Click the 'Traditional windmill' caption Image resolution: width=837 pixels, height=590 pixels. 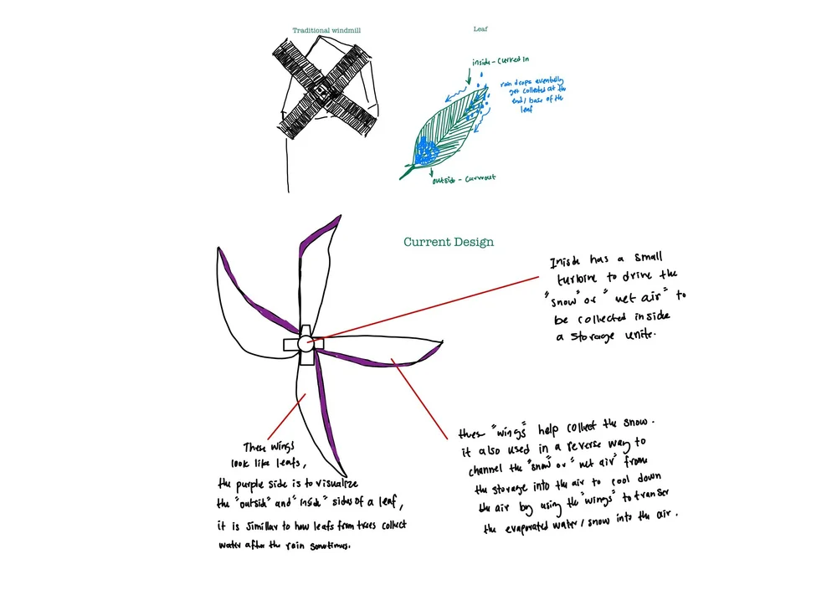pyautogui.click(x=326, y=30)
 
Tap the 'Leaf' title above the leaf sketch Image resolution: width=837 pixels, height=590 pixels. pyautogui.click(x=480, y=28)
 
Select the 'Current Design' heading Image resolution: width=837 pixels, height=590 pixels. pyautogui.click(x=449, y=242)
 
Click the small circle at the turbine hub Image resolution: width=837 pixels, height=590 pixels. pyautogui.click(x=305, y=342)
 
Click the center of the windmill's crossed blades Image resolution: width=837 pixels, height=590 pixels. pyautogui.click(x=321, y=87)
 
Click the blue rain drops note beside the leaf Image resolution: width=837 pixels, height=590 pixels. pyautogui.click(x=531, y=97)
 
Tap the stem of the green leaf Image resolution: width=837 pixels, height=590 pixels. pyautogui.click(x=408, y=174)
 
